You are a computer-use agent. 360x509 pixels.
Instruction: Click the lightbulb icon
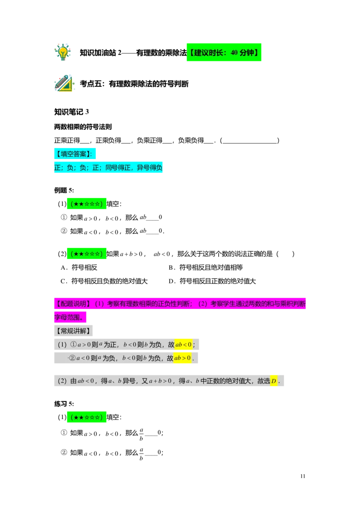pos(63,52)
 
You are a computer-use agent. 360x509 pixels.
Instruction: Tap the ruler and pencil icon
pos(64,84)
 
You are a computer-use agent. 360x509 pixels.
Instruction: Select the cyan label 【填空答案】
pos(73,154)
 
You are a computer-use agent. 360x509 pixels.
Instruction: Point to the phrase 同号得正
pos(118,168)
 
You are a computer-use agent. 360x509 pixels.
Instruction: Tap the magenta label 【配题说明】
pos(72,304)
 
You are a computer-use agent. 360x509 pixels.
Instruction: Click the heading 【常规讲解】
pos(74,331)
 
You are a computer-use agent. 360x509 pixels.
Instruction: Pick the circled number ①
pos(74,345)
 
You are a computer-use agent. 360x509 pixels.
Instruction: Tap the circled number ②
pos(72,358)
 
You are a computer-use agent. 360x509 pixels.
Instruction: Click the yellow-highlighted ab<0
pos(183,345)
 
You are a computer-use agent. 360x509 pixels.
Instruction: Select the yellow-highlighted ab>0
pos(182,358)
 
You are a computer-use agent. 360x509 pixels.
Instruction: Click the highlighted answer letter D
pos(274,381)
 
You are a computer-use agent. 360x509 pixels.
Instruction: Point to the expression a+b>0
pos(160,381)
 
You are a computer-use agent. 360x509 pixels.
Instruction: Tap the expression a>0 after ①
pos(84,345)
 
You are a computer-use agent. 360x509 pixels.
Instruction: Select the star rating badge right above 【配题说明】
pos(86,254)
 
